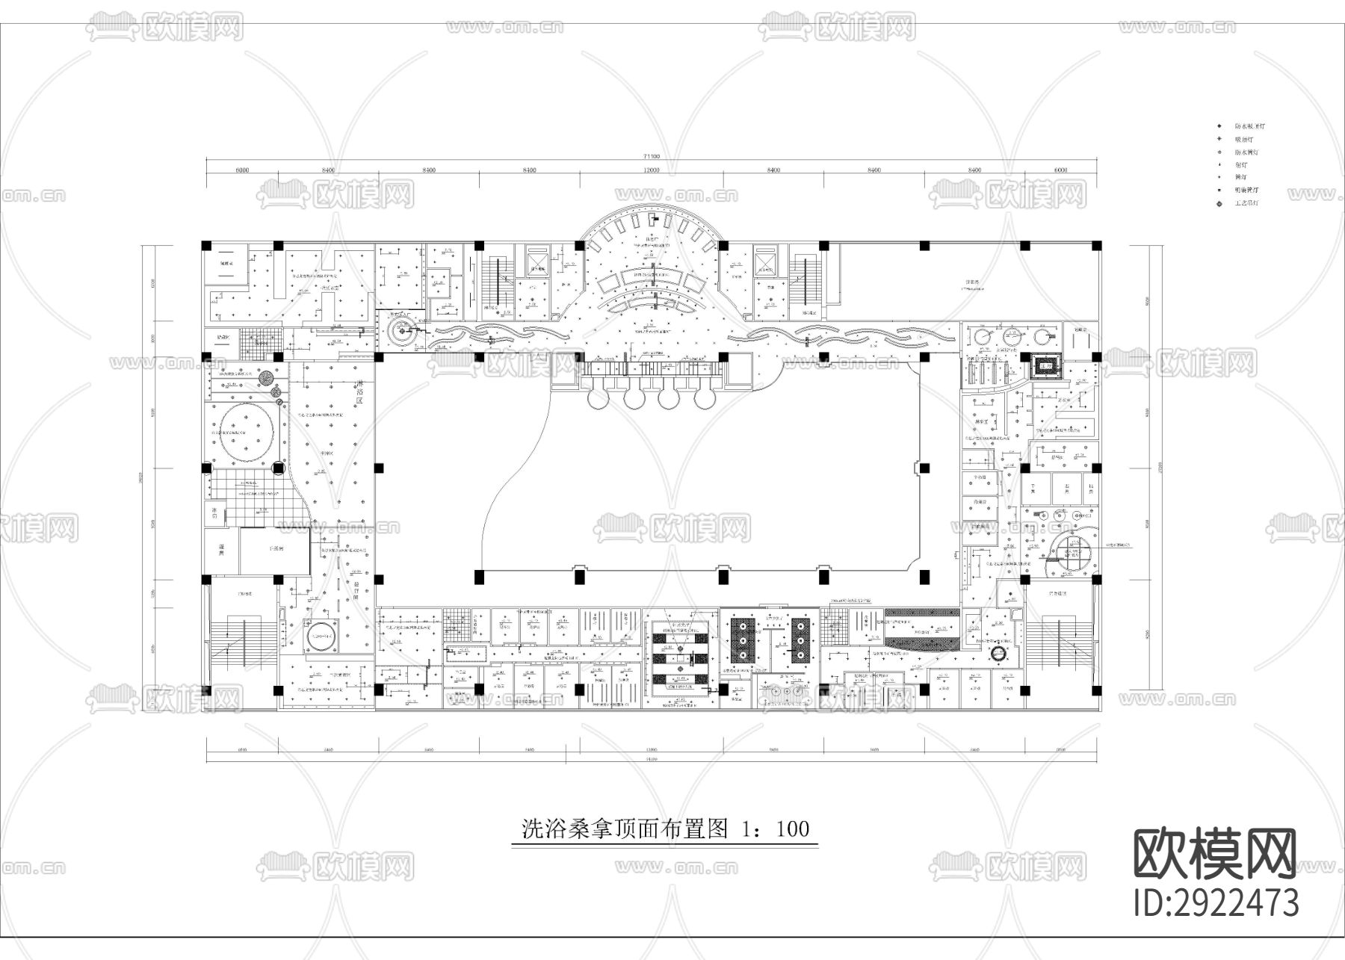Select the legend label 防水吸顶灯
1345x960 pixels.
click(x=1249, y=127)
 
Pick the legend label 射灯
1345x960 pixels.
click(x=1240, y=165)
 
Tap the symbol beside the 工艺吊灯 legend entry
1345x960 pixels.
click(x=1220, y=203)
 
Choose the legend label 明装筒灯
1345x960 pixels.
click(x=1246, y=191)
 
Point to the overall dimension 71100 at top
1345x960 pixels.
click(x=651, y=157)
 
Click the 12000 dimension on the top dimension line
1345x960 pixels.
click(x=651, y=170)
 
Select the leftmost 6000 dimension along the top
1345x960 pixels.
click(x=241, y=170)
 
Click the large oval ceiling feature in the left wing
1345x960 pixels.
click(x=244, y=433)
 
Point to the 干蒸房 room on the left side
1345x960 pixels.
click(x=274, y=549)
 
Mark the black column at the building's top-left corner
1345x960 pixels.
click(x=206, y=245)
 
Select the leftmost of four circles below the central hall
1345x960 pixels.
click(x=598, y=398)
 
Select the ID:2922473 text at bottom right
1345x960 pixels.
click(x=1216, y=902)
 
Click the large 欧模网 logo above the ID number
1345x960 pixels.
click(x=1216, y=854)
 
